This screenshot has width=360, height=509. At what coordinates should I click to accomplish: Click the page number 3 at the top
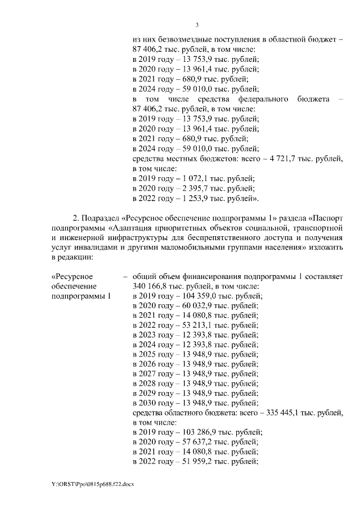(x=197, y=24)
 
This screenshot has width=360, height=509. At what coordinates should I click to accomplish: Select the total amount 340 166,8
(x=152, y=286)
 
